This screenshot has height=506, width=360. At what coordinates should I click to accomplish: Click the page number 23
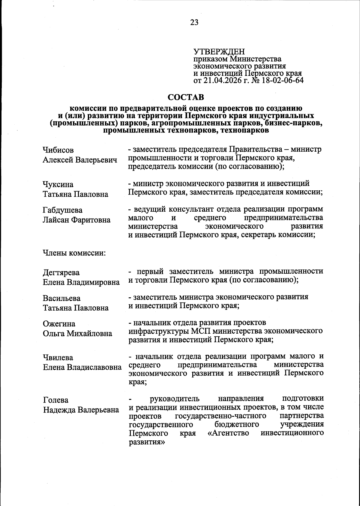click(194, 22)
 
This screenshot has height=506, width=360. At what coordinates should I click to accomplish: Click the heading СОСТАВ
click(186, 97)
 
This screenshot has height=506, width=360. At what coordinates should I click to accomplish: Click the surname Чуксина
click(58, 184)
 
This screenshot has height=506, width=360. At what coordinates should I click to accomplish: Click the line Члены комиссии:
click(74, 253)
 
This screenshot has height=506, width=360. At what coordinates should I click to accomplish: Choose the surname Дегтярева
click(61, 273)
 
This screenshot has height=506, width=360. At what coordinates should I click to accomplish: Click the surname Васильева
click(62, 299)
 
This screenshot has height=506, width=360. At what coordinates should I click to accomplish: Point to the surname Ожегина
click(59, 324)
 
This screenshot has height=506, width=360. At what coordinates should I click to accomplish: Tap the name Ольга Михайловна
click(78, 334)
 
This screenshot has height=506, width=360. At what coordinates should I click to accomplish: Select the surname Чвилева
click(58, 358)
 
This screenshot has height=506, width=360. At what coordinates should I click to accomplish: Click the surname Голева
click(56, 400)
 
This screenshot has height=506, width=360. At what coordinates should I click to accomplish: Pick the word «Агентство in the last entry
click(228, 433)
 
